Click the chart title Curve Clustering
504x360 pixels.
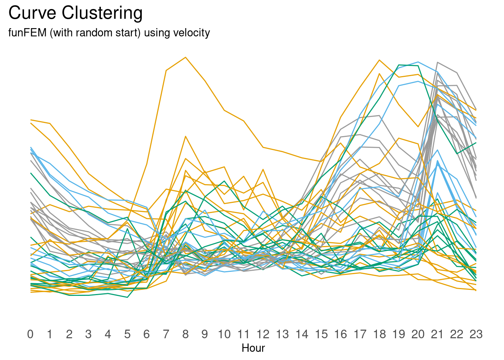coord(75,13)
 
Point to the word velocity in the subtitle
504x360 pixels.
coord(191,33)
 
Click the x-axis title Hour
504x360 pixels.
coord(253,348)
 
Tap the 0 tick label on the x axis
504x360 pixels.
coord(30,334)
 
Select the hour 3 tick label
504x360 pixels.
coord(88,334)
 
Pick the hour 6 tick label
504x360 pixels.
coord(147,334)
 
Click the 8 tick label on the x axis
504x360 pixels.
coord(185,334)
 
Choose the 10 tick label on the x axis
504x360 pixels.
coord(224,334)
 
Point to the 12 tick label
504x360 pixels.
coord(263,334)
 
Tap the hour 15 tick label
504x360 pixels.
coord(321,334)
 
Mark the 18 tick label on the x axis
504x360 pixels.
coord(379,334)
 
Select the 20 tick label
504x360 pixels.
coord(418,334)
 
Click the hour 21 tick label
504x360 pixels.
coord(437,334)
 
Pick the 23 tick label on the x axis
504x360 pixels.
coord(476,334)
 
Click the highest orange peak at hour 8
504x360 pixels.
coord(185,57)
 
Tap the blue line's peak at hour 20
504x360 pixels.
coord(418,62)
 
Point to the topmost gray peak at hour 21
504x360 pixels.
coord(438,62)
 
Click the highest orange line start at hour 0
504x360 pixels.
coord(31,120)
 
